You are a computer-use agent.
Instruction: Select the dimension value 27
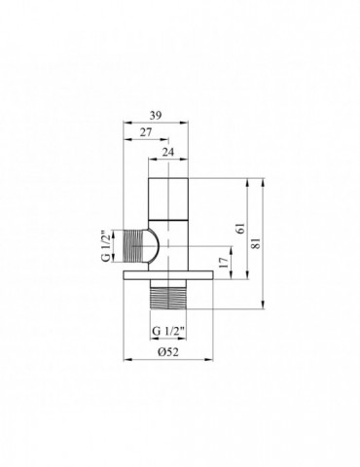145,133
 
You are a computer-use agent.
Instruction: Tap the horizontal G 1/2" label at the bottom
170,331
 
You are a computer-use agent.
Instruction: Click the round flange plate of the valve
170,282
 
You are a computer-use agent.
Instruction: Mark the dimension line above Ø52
170,341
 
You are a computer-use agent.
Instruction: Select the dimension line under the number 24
170,161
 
